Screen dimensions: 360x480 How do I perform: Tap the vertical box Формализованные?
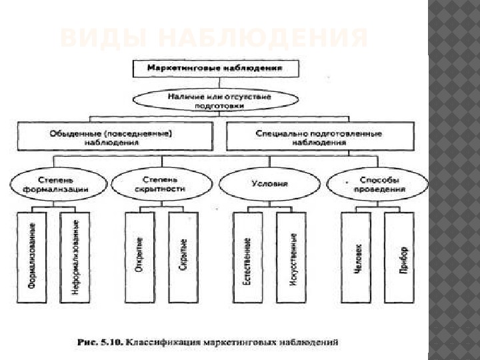point(32,257)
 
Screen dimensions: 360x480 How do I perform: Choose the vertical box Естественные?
point(248,257)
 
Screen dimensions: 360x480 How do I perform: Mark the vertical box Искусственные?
point(291,257)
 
